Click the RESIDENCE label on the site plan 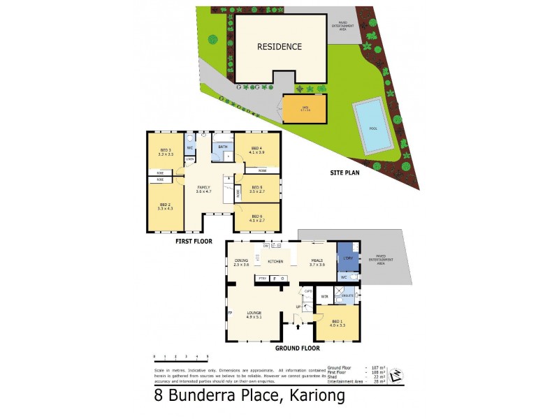[279, 47]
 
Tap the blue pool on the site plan [372, 126]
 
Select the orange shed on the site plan [305, 110]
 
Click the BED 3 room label [165, 152]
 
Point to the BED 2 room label [165, 207]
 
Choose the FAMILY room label [203, 189]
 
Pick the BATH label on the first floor [223, 147]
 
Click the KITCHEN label [275, 260]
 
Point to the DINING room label [242, 263]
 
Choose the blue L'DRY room [347, 257]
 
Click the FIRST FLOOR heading [194, 241]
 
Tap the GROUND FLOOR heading [297, 348]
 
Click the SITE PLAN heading [349, 172]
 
